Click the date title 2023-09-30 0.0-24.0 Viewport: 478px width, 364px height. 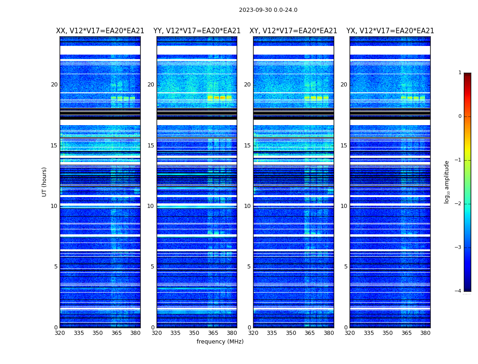click(268, 10)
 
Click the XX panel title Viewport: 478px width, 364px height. click(100, 31)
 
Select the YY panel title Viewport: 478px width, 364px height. click(197, 31)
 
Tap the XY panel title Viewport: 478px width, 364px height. click(293, 31)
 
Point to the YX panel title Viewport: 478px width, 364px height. click(390, 31)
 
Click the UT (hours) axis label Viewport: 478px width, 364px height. click(44, 182)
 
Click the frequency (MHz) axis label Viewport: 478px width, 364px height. click(220, 342)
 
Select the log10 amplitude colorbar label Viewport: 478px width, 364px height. click(447, 182)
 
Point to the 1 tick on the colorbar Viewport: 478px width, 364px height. click(460, 73)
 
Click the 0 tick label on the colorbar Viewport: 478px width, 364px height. click(460, 116)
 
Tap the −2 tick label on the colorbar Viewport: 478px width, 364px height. click(458, 204)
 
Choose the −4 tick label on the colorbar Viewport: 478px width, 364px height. click(458, 291)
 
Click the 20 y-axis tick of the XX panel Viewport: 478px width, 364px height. click(54, 85)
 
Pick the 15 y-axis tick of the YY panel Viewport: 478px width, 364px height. click(151, 146)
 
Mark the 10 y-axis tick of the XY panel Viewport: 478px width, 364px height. click(247, 206)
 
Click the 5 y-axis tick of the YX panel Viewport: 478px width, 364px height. click(346, 267)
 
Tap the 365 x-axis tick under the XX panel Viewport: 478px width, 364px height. click(117, 333)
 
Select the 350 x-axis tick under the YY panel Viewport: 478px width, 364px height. click(194, 333)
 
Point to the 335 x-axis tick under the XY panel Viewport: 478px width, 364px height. click(272, 333)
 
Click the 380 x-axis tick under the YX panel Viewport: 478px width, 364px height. click(425, 333)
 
